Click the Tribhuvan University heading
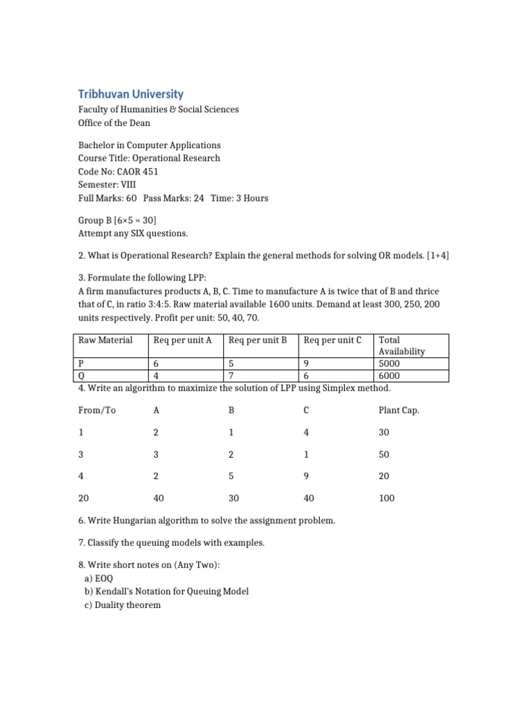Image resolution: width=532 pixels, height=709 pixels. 130,94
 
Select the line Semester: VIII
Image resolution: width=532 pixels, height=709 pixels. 107,184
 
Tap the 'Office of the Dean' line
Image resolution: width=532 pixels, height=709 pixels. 114,123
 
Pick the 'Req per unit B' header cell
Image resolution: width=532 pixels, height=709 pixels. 258,340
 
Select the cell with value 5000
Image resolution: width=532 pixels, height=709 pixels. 389,363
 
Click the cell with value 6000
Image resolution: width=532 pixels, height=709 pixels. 389,375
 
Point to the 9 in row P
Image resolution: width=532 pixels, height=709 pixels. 307,363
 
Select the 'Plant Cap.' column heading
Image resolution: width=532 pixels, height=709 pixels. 398,411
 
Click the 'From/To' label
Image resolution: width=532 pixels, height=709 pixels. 97,411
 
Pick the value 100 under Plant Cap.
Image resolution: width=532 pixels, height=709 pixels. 387,499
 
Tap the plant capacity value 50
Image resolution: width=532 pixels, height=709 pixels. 384,454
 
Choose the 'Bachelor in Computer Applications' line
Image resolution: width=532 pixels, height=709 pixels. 150,145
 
